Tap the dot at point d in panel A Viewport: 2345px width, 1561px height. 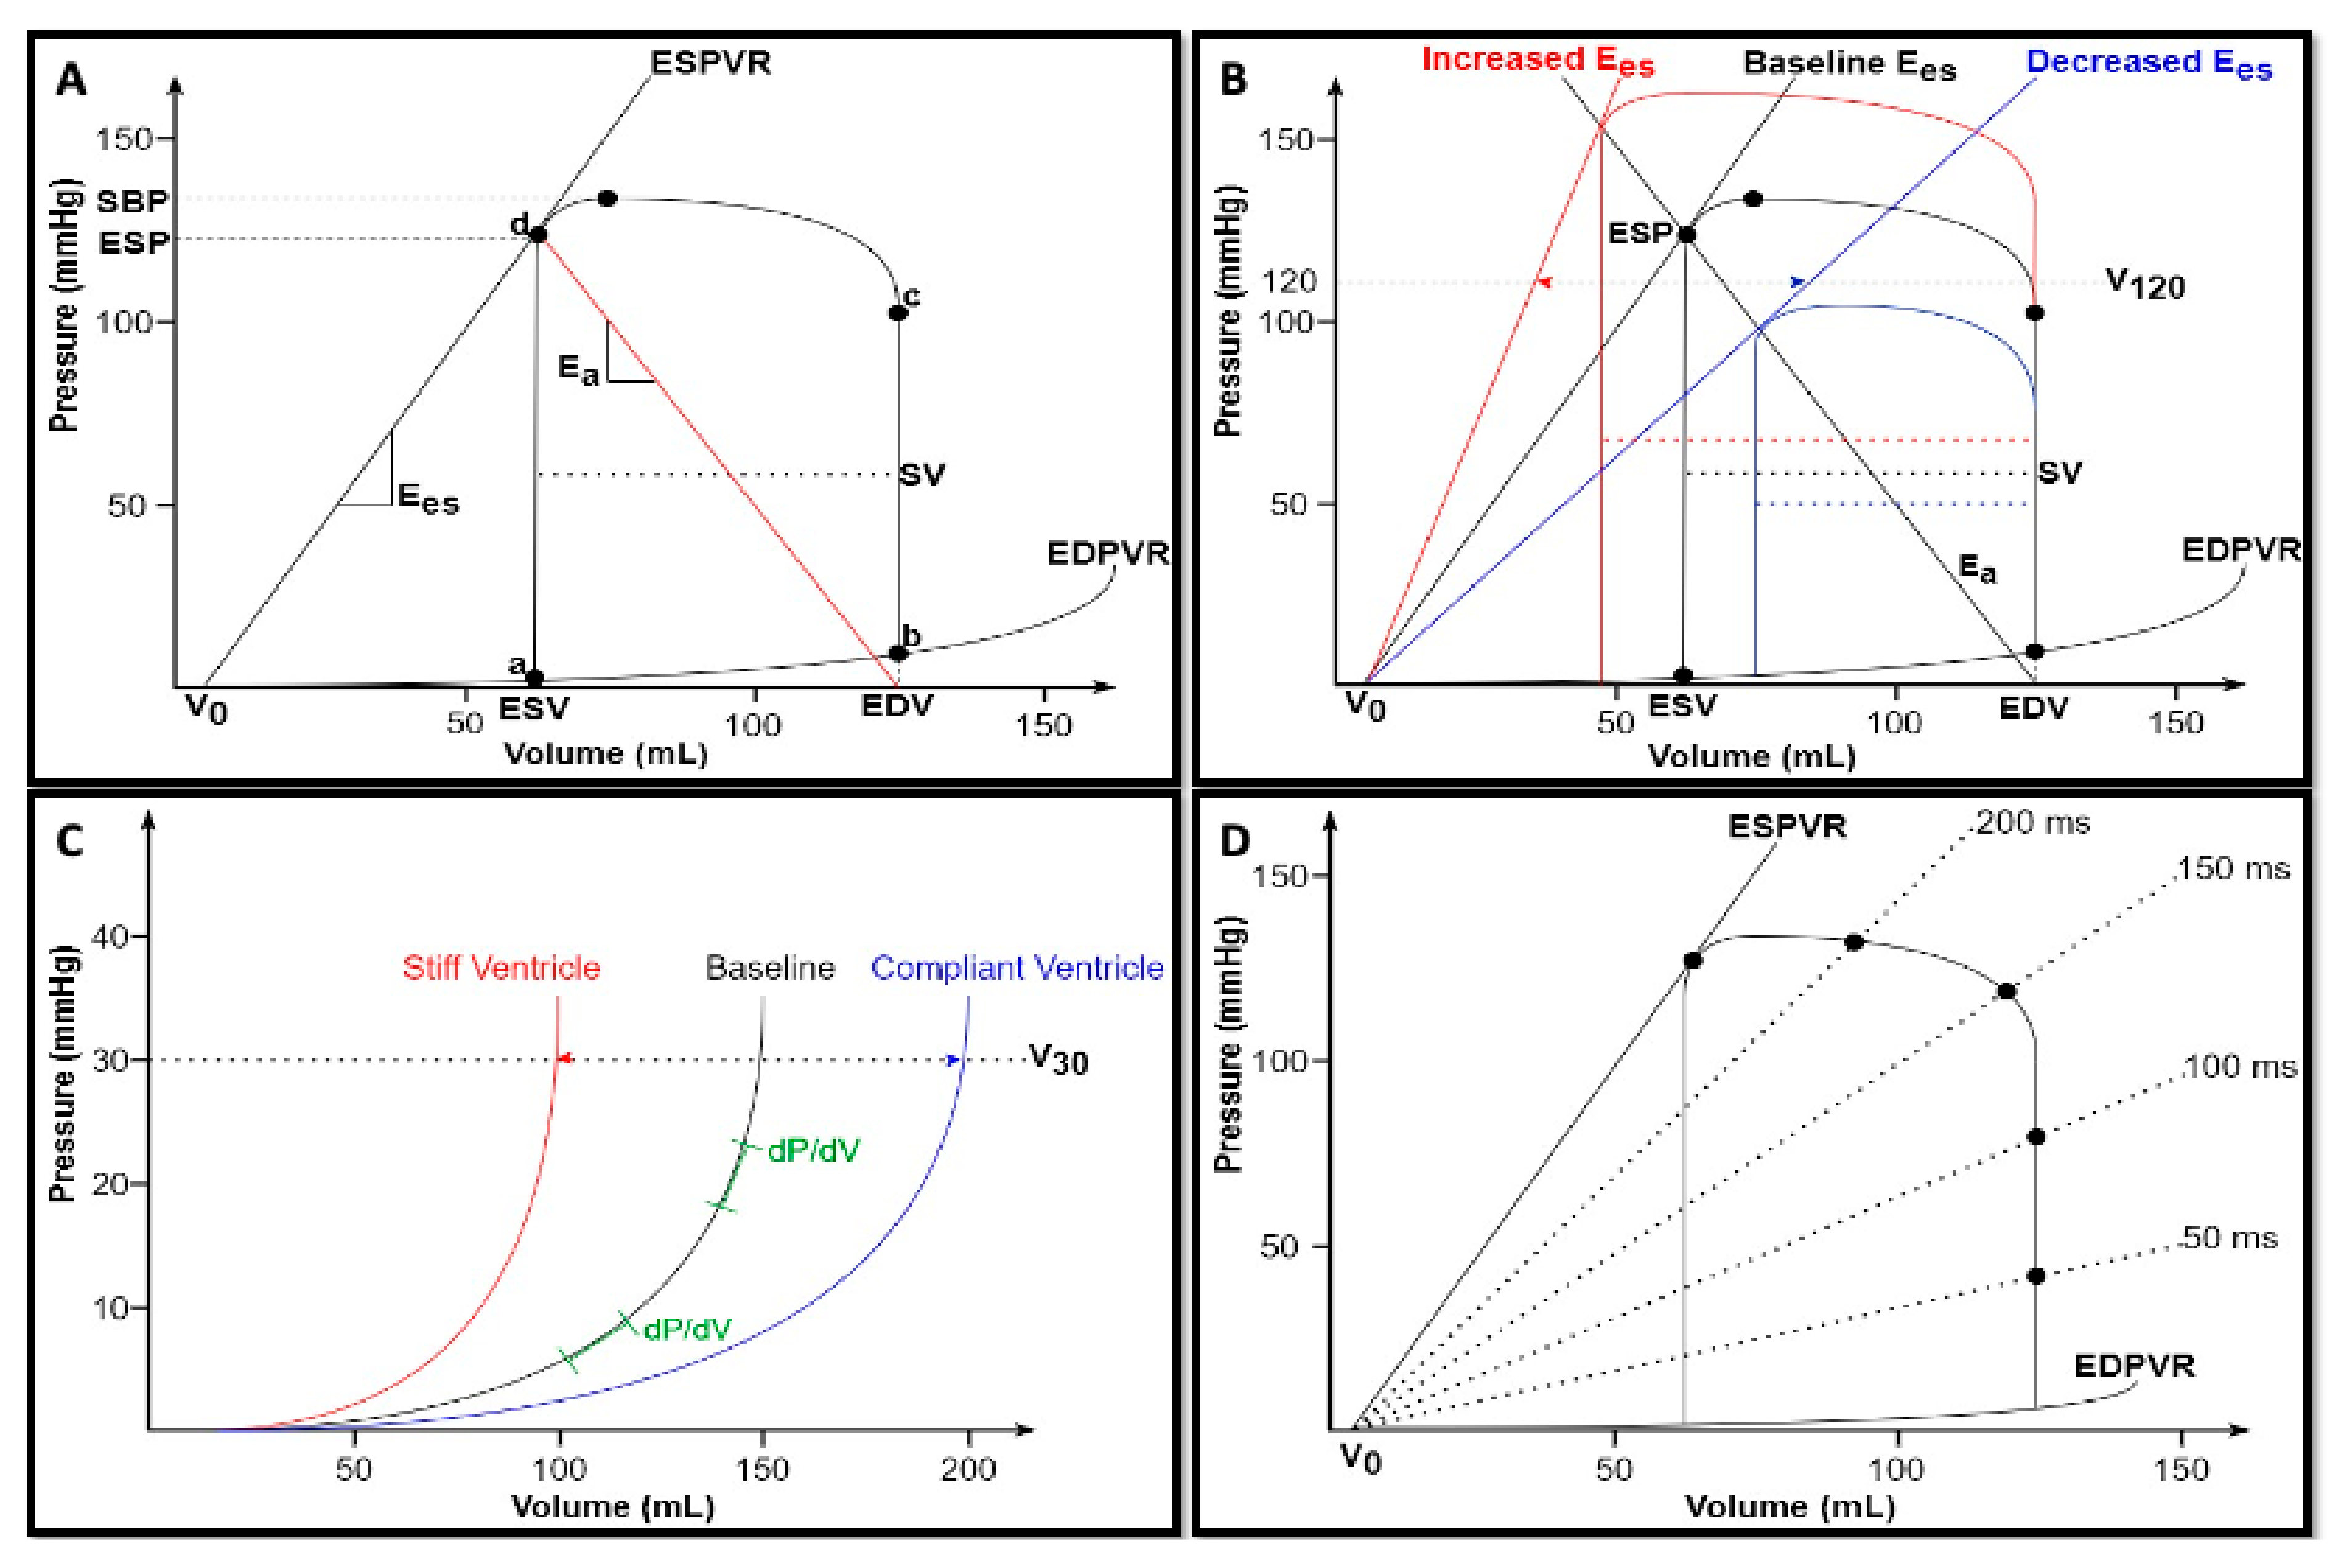coord(538,235)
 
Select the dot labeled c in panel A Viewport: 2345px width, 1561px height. coord(897,313)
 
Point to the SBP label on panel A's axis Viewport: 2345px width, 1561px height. coord(133,201)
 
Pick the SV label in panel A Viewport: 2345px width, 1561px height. coord(921,475)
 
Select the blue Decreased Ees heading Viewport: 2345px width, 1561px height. coord(2148,63)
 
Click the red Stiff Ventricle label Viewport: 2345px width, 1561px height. coord(502,968)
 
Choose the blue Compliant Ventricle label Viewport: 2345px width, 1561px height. coord(1017,968)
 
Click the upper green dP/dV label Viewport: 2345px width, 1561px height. coord(812,1151)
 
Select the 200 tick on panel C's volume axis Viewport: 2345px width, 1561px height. coord(967,1469)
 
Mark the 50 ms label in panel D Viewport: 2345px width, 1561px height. coord(2227,1239)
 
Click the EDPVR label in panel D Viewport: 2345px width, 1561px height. coord(2134,1366)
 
